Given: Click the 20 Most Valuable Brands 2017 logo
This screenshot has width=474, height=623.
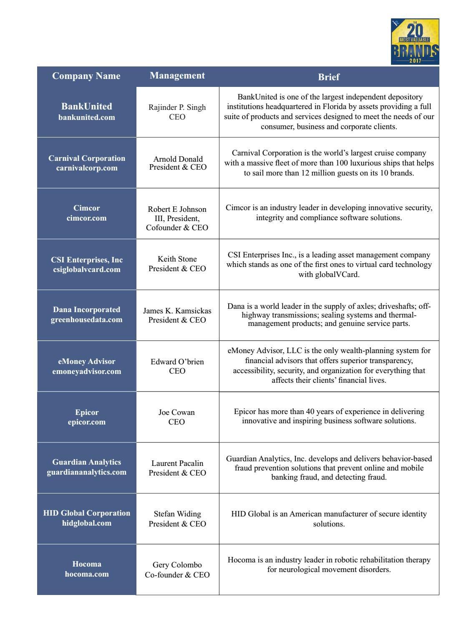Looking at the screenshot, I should [x=415, y=41].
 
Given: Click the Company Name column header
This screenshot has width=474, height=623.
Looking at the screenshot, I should [x=86, y=76].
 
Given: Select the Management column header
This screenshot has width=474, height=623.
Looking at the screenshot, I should [x=177, y=76].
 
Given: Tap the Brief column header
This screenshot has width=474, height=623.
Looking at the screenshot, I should [x=329, y=77].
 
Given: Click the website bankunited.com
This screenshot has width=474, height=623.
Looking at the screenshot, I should [x=86, y=117].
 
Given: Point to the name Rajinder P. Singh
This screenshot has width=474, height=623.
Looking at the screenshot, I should [x=177, y=107].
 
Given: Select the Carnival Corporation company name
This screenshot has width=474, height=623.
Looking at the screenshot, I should [x=87, y=158].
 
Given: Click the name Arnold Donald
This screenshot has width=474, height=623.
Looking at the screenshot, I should [x=178, y=159].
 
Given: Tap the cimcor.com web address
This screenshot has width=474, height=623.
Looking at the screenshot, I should [x=86, y=218].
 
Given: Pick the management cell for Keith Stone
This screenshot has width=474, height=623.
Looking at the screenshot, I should [x=177, y=264].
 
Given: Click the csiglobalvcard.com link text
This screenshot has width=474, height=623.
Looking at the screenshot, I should [x=87, y=270].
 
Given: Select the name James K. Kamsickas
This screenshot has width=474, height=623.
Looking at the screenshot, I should [x=177, y=311].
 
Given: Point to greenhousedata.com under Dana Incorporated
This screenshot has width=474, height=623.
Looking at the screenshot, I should [x=87, y=320].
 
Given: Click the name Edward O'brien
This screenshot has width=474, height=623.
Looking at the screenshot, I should [x=177, y=361].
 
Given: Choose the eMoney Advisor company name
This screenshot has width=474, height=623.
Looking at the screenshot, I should [x=87, y=361].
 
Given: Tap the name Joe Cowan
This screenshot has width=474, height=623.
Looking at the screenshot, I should [x=176, y=412].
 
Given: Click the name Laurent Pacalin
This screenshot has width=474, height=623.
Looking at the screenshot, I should [x=177, y=463].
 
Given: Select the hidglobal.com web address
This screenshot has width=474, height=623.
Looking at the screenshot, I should [x=87, y=523].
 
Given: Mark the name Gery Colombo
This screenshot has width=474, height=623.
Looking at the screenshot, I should [x=177, y=565].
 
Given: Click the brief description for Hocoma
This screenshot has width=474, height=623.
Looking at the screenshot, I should [x=329, y=565].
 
